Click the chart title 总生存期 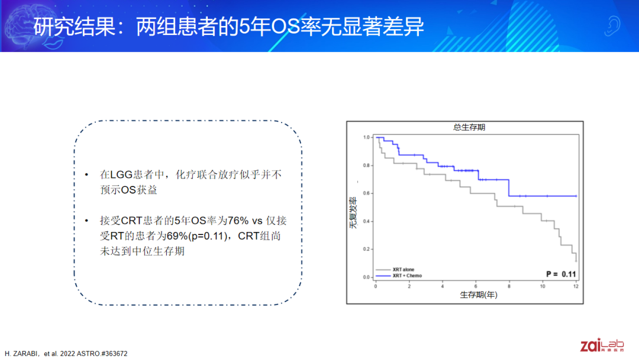tap(469, 127)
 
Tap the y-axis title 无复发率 tap(353, 213)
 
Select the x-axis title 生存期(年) tap(479, 295)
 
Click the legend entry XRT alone tap(403, 269)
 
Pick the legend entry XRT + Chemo tap(407, 275)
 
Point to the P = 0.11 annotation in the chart tap(561, 274)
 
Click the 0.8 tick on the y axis tap(366, 166)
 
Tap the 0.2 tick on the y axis tap(366, 249)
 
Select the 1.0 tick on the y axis tap(366, 137)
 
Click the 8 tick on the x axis tap(509, 286)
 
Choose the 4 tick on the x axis tap(442, 286)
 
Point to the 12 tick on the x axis tap(576, 286)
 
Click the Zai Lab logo tap(602, 345)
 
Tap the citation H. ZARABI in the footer tap(21, 353)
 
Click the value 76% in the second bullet tap(238, 221)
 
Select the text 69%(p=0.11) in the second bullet tap(197, 236)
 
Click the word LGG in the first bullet tap(121, 175)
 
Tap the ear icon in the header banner tap(612, 25)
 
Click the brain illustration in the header tap(31, 25)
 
